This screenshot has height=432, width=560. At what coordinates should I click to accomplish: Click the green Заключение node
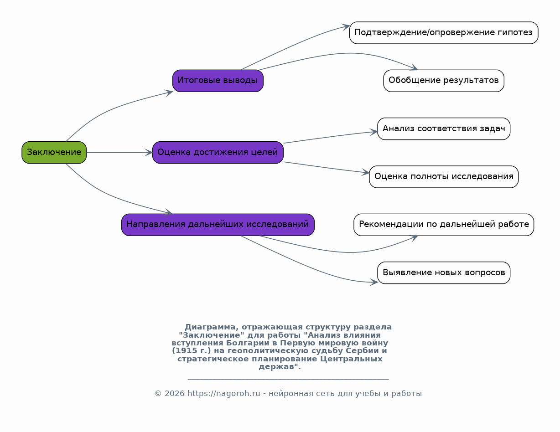click(x=54, y=152)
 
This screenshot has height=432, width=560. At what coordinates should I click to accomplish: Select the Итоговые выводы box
click(x=218, y=81)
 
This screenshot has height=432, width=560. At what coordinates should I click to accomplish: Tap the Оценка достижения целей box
click(x=218, y=152)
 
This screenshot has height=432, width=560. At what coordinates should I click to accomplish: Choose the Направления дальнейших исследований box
click(x=218, y=225)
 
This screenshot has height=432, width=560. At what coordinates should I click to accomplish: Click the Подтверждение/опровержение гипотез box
click(x=444, y=33)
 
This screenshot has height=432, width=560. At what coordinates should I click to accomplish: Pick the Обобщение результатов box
click(x=444, y=81)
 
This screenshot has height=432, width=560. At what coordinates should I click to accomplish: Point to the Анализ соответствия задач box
click(x=444, y=129)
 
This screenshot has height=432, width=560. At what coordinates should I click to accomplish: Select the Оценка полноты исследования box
click(x=444, y=177)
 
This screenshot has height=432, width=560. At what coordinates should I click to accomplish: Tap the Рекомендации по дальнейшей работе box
click(x=444, y=225)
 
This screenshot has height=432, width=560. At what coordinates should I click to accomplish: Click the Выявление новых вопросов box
click(x=444, y=273)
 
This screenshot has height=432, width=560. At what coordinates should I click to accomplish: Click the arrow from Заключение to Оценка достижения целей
click(x=119, y=152)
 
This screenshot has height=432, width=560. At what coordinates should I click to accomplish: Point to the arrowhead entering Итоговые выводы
click(x=169, y=93)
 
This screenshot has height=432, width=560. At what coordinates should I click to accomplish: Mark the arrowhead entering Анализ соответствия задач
click(x=373, y=132)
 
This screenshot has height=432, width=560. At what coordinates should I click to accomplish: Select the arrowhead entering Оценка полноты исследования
click(x=365, y=172)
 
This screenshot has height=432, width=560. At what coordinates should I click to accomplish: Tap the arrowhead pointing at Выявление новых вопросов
click(x=374, y=282)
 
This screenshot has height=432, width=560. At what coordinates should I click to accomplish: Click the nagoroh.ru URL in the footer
click(x=224, y=393)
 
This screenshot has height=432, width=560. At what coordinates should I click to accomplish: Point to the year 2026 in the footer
click(x=175, y=393)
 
